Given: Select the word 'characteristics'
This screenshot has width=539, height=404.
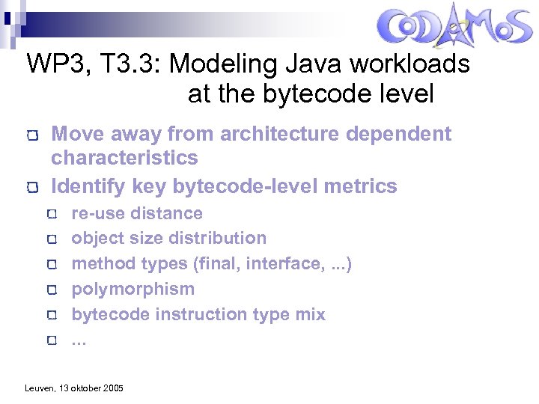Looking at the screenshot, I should [x=124, y=158].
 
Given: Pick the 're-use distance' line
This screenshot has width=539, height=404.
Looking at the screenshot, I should [x=136, y=213].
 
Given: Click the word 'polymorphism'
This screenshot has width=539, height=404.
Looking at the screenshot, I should [x=133, y=290].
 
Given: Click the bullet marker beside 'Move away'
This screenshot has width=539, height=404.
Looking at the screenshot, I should [x=31, y=136].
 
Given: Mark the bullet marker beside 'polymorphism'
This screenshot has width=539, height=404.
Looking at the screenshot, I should [x=51, y=290].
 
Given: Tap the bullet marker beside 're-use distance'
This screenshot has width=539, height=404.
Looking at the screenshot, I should [x=51, y=215].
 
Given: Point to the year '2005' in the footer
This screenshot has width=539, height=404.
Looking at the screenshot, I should [x=112, y=388].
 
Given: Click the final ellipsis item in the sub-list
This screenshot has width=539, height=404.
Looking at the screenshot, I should [x=79, y=340].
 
